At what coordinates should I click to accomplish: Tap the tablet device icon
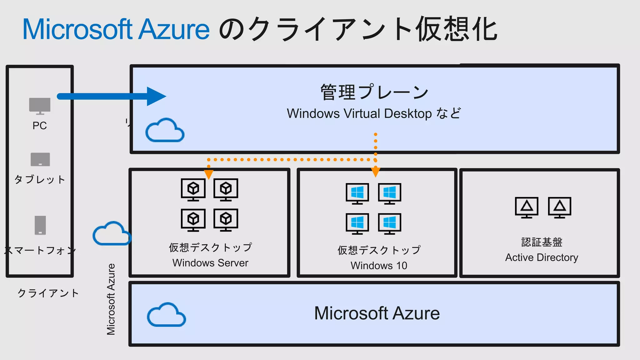40,159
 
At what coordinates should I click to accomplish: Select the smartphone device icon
40,225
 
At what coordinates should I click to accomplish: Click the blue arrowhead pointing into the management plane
156,96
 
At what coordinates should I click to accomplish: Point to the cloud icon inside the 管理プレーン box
165,131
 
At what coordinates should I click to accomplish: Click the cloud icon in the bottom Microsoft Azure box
166,315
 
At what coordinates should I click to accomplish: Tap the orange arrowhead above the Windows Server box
208,174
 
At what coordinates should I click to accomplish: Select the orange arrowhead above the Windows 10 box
375,172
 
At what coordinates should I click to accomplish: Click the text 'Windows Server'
210,263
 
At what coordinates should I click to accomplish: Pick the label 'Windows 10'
379,266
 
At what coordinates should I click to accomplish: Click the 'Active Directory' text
542,257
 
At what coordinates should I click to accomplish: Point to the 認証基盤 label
542,242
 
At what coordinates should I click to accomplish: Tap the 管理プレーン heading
374,92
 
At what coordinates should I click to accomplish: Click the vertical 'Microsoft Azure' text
111,299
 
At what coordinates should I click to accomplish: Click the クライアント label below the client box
48,293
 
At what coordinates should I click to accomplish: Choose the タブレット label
40,180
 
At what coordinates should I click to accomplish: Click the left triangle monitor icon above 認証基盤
527,207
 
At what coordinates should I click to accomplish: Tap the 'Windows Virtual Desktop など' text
374,113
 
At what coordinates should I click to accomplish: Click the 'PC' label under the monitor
40,126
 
